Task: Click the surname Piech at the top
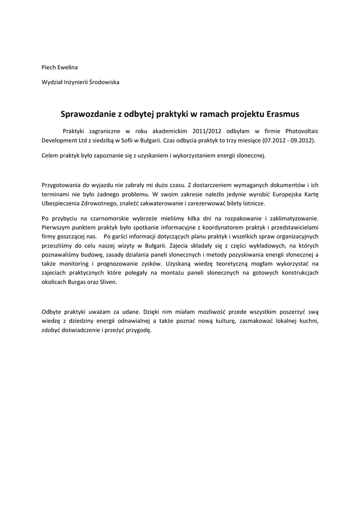(x=49, y=67)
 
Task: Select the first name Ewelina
(x=68, y=67)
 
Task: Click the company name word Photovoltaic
(x=300, y=131)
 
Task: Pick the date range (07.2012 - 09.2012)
(x=289, y=141)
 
